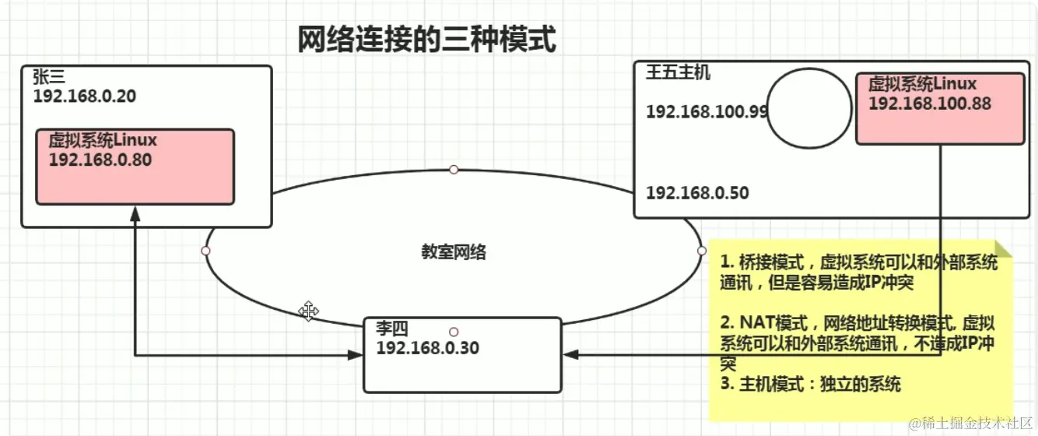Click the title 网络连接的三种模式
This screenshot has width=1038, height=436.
point(426,39)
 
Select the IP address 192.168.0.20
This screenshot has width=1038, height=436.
point(84,96)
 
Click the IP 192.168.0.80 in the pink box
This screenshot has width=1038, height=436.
point(100,160)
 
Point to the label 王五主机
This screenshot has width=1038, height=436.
point(678,74)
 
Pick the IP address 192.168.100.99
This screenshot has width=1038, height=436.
point(707,111)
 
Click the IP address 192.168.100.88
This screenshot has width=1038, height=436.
point(929,103)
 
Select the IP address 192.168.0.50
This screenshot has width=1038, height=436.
point(697,192)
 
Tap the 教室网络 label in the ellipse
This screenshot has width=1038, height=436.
point(454,252)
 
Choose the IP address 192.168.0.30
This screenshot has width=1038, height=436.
point(427,348)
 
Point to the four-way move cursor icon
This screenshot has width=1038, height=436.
point(309,311)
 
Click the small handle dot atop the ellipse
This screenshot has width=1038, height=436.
point(454,169)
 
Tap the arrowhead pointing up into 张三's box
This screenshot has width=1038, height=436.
point(135,213)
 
